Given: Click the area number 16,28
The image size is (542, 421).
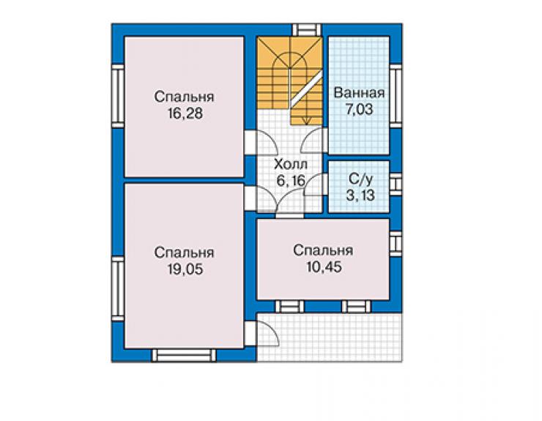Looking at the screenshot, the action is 185,113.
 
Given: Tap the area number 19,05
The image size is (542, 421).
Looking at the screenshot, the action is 185,269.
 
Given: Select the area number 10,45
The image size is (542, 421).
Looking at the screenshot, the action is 324,267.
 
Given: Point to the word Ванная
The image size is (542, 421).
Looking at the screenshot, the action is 359,93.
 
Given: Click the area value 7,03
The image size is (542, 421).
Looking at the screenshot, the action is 360,110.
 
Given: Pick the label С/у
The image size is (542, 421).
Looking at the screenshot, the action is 361,179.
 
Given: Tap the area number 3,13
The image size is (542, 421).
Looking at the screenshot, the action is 360,195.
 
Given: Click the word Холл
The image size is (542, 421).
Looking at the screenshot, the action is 290,164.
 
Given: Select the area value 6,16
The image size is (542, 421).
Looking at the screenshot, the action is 291,180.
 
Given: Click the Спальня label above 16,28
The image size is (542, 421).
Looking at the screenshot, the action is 185,97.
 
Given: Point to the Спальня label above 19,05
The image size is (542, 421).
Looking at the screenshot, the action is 185,253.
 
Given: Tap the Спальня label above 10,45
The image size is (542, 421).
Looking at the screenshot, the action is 323,250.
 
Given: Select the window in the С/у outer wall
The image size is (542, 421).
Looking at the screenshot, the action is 396,182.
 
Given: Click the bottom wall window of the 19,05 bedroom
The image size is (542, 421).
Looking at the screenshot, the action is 184,355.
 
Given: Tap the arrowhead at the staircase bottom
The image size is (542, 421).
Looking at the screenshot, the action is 307,121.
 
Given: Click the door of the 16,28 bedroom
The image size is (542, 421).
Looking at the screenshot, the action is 267,142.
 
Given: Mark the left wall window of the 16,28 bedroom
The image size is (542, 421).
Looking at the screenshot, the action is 118,96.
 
